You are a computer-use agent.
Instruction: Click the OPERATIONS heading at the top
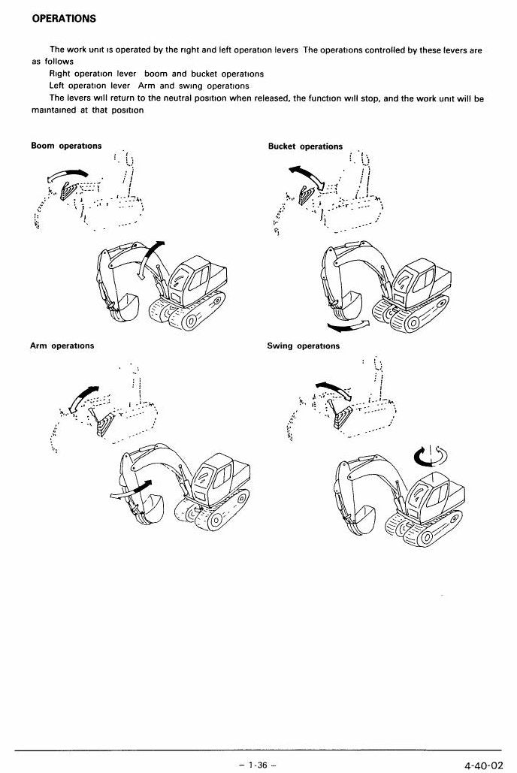pos(64,19)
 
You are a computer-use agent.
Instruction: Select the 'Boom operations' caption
pos(66,146)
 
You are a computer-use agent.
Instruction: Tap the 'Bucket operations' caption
pos(305,146)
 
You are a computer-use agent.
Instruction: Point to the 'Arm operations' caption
pos(62,346)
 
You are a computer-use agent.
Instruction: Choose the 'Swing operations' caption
pos(304,346)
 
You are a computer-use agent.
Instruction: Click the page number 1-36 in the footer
pos(258,765)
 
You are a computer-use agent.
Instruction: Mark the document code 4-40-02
pos(483,765)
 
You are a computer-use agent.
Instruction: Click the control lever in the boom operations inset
pos(68,190)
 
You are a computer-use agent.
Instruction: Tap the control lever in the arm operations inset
pos(104,421)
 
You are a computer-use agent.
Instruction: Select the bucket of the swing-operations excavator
pos(363,520)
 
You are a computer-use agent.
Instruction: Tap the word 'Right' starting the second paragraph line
pos(59,74)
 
